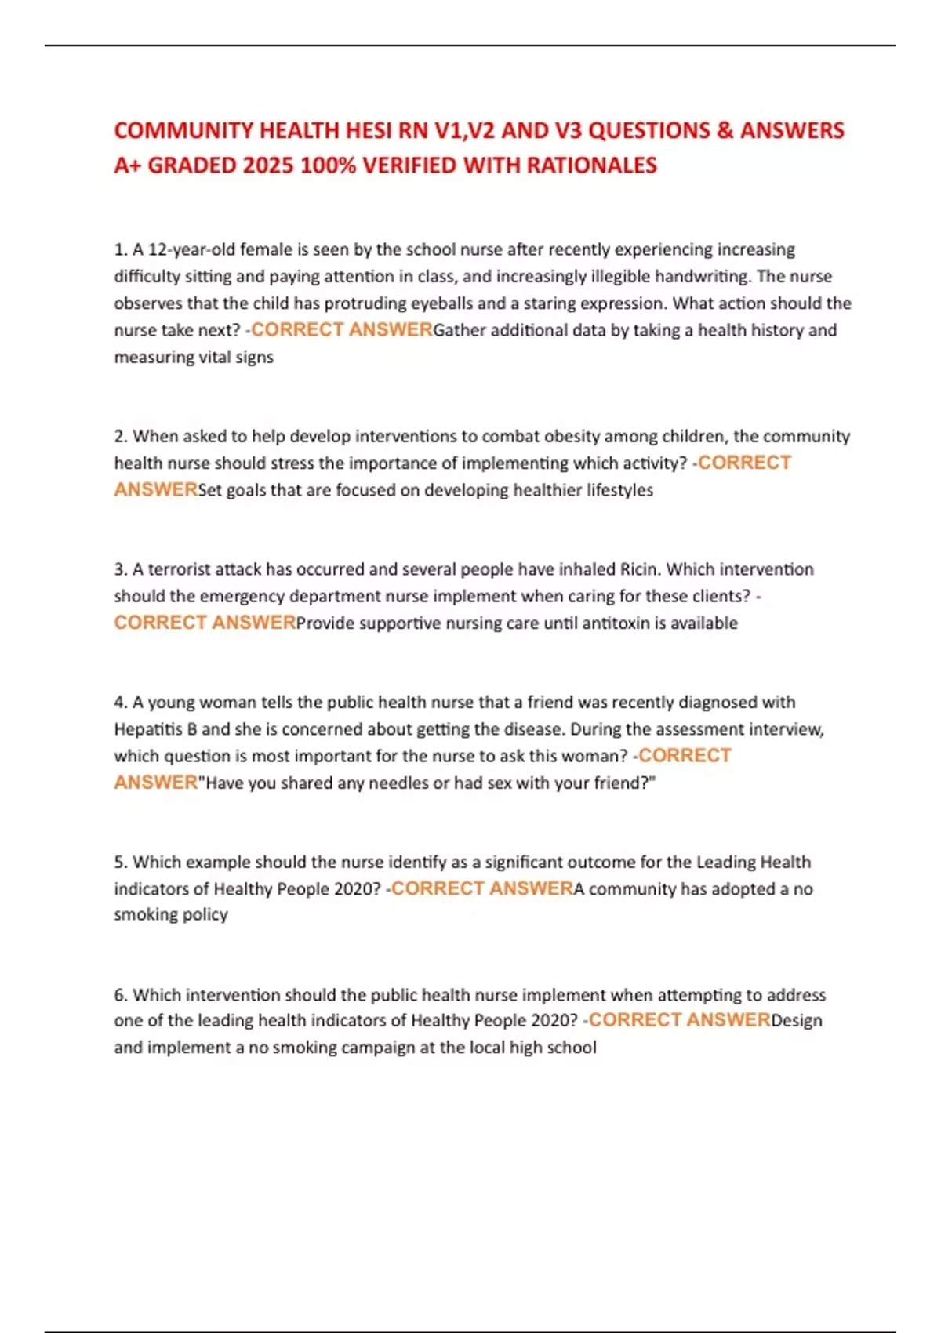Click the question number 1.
[x=120, y=249]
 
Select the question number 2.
[x=120, y=436]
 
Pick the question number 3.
[x=120, y=569]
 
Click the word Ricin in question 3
[x=639, y=569]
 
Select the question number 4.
[x=120, y=703]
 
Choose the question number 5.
[x=120, y=863]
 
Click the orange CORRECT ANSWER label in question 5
[x=482, y=888]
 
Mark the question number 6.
[x=120, y=995]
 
